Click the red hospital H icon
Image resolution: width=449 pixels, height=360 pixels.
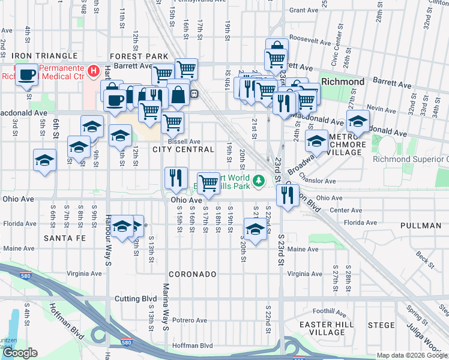(x=94, y=72)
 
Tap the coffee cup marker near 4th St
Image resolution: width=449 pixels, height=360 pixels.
(x=26, y=75)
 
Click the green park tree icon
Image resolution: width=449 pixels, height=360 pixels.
(x=258, y=180)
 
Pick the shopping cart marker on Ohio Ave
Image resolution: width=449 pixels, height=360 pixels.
(x=208, y=182)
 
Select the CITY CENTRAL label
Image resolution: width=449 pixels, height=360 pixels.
(x=183, y=149)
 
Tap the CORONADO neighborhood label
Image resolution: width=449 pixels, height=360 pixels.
(x=192, y=274)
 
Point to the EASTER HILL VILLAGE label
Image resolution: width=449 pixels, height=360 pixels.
(x=322, y=328)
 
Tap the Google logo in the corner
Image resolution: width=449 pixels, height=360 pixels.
(x=20, y=353)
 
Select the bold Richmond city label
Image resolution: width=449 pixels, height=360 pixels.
(x=343, y=82)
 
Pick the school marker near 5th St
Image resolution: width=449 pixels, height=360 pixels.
(x=45, y=160)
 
